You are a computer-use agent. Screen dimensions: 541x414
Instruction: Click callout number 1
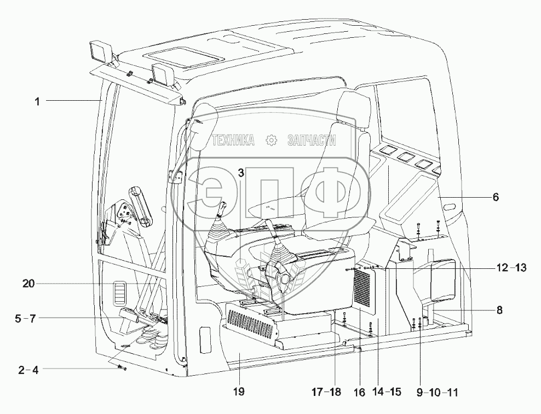click(37, 101)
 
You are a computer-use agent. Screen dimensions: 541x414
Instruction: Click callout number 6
click(496, 197)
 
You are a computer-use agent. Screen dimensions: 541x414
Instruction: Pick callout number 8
click(499, 309)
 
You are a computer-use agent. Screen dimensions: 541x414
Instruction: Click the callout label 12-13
click(511, 268)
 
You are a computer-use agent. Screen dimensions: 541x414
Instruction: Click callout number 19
click(238, 392)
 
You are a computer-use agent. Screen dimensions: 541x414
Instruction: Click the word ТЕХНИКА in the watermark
click(233, 141)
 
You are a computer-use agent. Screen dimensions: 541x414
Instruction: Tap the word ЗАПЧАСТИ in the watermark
click(311, 141)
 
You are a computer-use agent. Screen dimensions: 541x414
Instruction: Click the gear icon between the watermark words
click(271, 141)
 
